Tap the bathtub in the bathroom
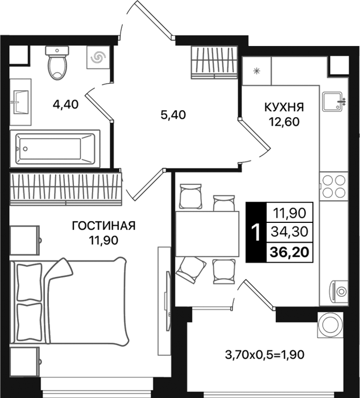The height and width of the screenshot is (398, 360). pos(55,149)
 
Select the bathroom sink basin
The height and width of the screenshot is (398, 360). pos(20,102)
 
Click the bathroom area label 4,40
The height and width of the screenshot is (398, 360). pos(65,104)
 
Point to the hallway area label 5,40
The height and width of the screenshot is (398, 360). pos(173,115)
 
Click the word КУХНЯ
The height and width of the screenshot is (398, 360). pos(284,107)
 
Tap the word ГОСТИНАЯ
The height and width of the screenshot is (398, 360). pos(104,226)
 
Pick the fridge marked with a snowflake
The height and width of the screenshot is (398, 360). pos(256,71)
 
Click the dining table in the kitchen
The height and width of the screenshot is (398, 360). pos(208,234)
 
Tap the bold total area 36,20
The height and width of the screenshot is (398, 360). pos(289,252)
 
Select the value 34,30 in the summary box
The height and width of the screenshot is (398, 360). pos(289,232)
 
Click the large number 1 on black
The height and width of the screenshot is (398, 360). pos(256,233)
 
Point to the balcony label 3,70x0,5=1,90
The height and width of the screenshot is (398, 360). pos(264,355)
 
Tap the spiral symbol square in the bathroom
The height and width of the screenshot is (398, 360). pos(98,57)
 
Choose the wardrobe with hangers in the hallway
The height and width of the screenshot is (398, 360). pos(214,63)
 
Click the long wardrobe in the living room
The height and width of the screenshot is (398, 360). pos(66,189)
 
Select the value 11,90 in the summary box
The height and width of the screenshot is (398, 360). pos(289,213)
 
